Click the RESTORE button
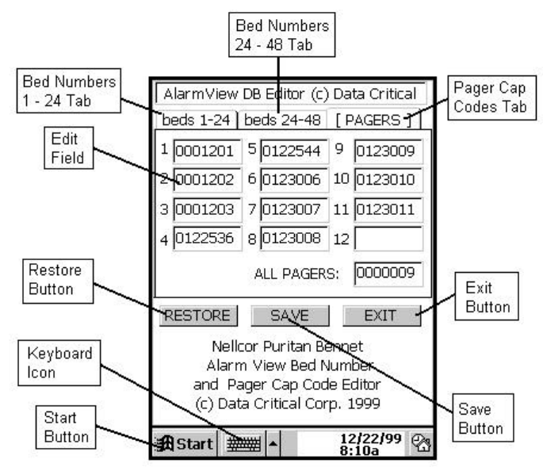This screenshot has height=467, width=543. point(198,315)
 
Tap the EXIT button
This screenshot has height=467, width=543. point(381,315)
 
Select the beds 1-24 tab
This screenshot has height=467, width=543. point(196,121)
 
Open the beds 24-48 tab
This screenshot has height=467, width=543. point(281,121)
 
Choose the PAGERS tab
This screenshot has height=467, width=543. point(372,121)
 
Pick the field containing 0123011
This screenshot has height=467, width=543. point(388,210)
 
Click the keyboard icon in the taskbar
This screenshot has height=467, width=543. point(241,443)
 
